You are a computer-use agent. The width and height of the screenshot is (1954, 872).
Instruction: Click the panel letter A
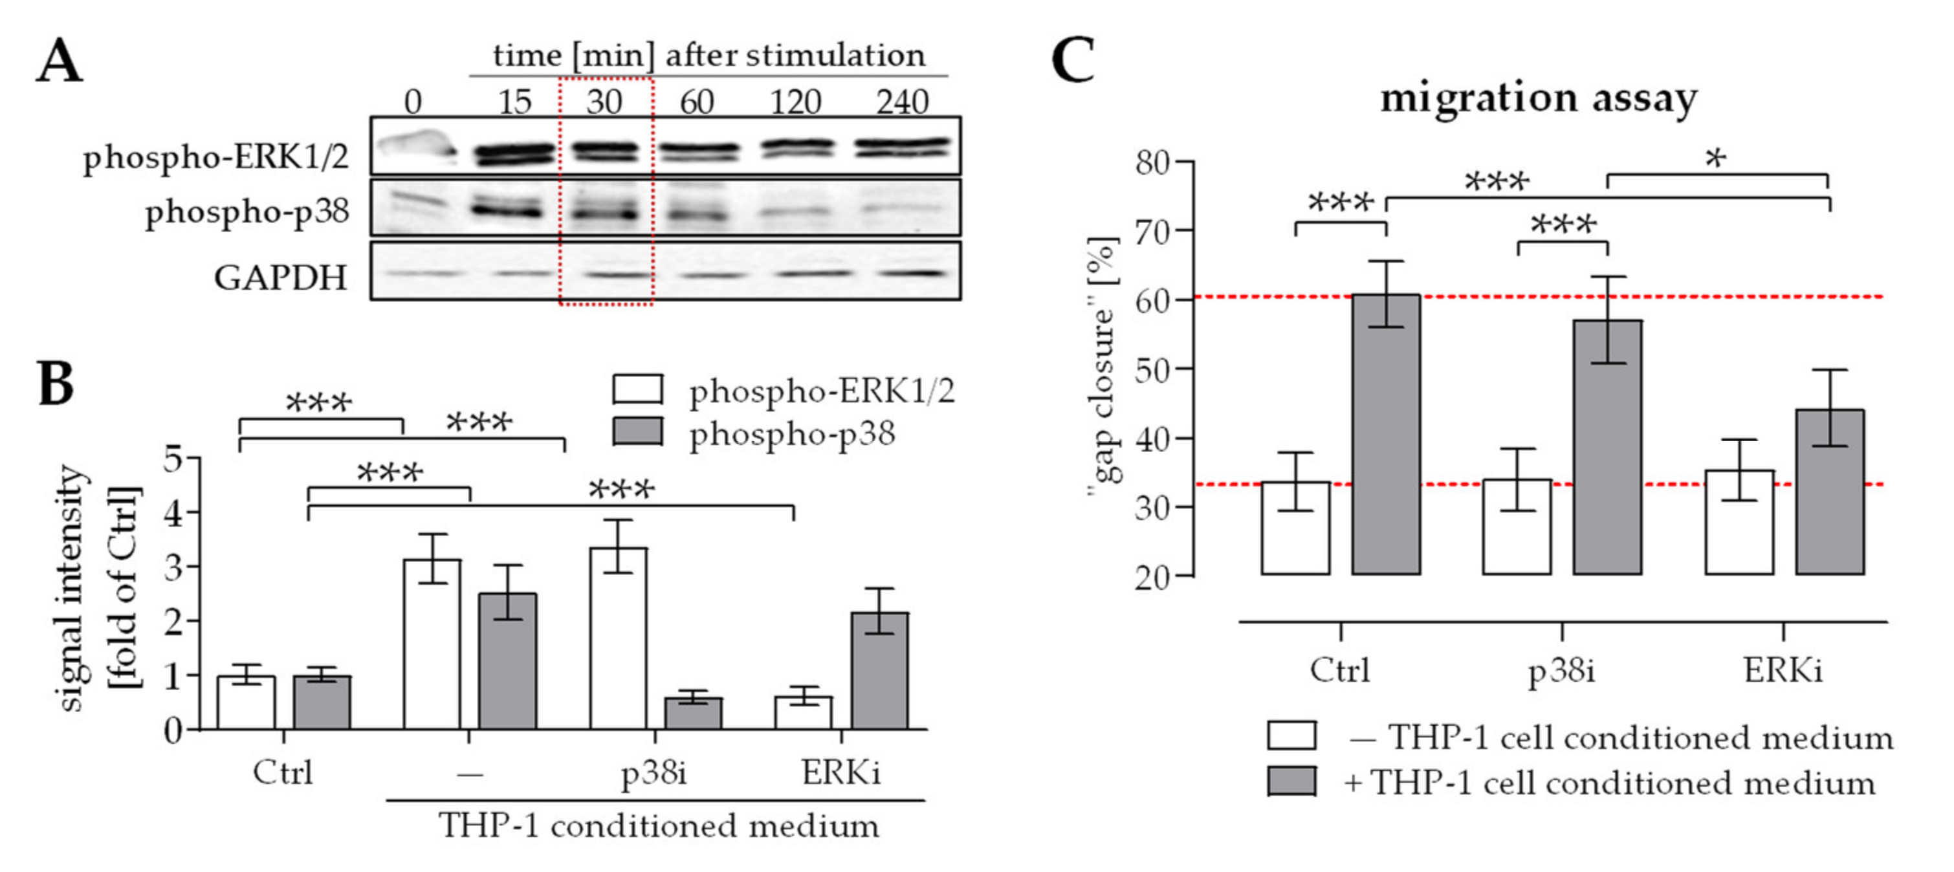click(59, 62)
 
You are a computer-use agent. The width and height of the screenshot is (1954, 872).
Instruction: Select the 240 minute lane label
click(902, 102)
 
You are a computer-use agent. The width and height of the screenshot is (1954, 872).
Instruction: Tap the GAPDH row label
click(281, 278)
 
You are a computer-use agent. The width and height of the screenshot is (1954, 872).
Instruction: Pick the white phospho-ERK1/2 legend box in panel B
click(637, 389)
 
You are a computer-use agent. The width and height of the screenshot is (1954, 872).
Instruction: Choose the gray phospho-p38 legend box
click(637, 431)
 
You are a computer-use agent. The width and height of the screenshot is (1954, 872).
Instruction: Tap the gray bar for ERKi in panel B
click(879, 671)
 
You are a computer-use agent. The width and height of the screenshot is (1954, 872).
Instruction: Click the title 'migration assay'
click(1539, 98)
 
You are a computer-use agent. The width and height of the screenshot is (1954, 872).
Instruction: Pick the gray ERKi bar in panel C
click(1829, 492)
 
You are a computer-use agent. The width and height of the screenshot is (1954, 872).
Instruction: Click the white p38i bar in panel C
click(1517, 527)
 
